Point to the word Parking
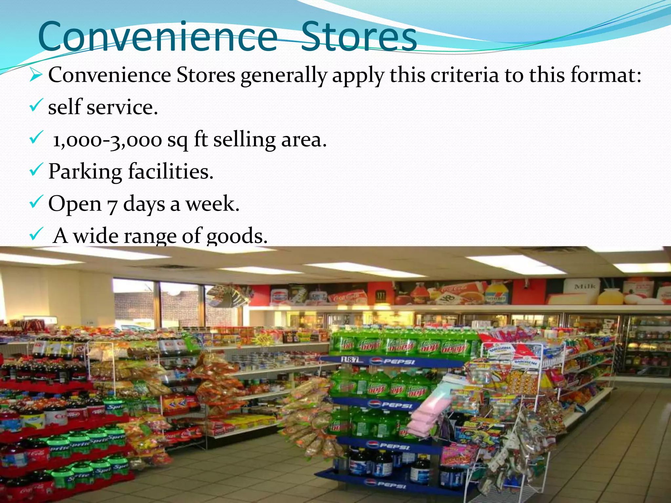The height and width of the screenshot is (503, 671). coord(85,172)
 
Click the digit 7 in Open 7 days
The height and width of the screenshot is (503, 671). coord(112,205)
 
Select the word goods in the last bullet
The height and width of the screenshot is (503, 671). coord(237,236)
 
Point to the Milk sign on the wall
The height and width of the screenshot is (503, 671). coord(585,287)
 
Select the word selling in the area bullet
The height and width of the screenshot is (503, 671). coord(244,140)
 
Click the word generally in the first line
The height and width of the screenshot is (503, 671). coord(284,76)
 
